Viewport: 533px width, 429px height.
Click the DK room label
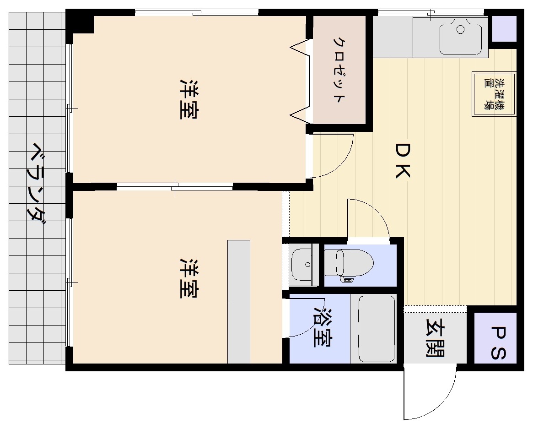tap(403, 160)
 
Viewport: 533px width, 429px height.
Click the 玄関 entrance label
tap(435, 337)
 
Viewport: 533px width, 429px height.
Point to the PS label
tap(498, 343)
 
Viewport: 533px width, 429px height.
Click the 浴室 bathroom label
tap(323, 327)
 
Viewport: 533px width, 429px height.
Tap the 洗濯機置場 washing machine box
tap(494, 94)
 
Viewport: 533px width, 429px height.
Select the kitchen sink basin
tap(461, 37)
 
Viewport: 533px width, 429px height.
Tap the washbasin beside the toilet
tap(301, 265)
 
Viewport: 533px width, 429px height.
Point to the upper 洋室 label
tap(189, 99)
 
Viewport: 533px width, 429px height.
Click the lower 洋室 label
tap(189, 278)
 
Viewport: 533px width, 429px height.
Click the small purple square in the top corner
tap(504, 29)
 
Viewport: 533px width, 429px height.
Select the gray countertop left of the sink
tap(393, 37)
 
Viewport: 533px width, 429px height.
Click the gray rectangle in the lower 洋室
tap(239, 302)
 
